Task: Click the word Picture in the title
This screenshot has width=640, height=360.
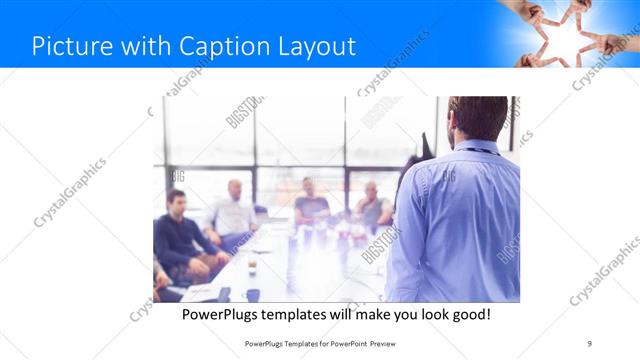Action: coord(66,46)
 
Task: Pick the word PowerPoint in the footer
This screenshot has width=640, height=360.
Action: coord(344,344)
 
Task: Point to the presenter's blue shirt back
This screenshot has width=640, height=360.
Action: coord(460,220)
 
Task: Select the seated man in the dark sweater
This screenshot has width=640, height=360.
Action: coord(177,235)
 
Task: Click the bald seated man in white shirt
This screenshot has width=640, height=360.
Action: coord(233,212)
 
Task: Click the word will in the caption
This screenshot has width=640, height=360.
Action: coord(351,315)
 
